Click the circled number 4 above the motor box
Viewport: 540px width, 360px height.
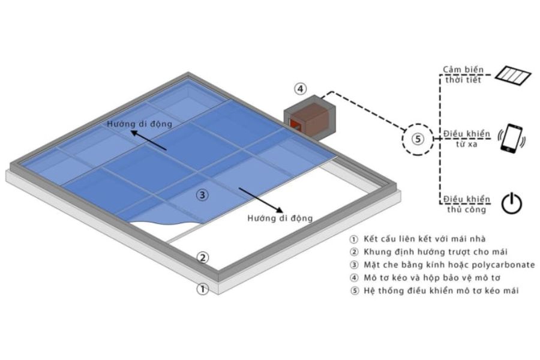[300, 89]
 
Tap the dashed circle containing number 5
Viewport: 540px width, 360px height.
[419, 139]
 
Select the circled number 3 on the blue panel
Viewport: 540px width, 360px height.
[203, 194]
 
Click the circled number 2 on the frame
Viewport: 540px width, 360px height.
[203, 258]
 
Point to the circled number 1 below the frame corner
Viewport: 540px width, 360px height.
[203, 289]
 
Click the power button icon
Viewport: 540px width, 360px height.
[511, 203]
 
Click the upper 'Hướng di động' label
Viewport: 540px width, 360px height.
[140, 124]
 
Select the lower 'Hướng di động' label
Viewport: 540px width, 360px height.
[281, 218]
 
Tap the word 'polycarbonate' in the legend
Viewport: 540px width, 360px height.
[503, 265]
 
